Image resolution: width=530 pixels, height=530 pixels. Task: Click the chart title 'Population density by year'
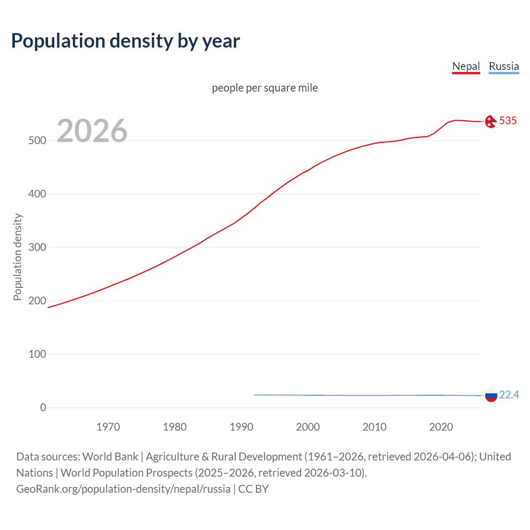click(x=125, y=41)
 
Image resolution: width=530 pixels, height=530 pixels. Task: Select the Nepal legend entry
click(x=466, y=66)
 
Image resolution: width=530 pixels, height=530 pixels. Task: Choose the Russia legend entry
click(x=503, y=66)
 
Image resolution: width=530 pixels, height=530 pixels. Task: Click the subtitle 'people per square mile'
click(x=265, y=88)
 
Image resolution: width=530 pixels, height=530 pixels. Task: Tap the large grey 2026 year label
click(x=92, y=131)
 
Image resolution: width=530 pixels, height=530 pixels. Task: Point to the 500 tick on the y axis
click(x=37, y=140)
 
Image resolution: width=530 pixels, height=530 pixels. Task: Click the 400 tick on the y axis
click(x=37, y=194)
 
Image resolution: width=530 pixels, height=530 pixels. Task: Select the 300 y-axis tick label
click(x=37, y=247)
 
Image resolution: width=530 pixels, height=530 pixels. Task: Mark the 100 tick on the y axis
click(x=37, y=354)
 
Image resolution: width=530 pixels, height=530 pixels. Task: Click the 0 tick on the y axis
click(x=43, y=407)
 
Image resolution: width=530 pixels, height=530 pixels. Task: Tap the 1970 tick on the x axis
click(x=108, y=427)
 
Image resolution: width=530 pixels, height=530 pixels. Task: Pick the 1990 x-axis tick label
click(x=241, y=427)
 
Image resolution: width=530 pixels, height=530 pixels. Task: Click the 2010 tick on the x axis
click(x=374, y=427)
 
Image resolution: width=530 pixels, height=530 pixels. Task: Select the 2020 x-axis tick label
click(x=441, y=427)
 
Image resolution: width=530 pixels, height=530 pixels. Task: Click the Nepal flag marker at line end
click(x=491, y=121)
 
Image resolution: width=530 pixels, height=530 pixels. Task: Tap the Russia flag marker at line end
click(x=491, y=395)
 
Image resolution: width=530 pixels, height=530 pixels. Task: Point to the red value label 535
click(x=508, y=120)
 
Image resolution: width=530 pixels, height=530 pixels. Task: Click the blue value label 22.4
click(x=509, y=395)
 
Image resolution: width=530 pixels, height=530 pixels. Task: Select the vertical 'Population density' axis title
click(x=17, y=257)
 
